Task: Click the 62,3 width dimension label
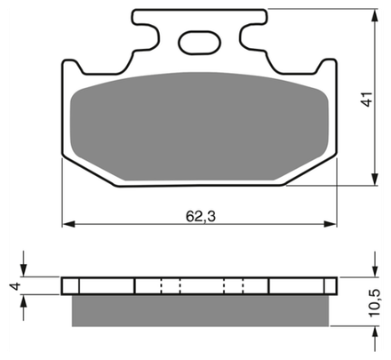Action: point(201,217)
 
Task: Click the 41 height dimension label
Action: point(367,99)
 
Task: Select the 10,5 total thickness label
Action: point(374,303)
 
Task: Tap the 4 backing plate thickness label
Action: point(15,286)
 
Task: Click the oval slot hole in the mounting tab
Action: point(199,43)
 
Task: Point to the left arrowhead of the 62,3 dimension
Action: point(68,224)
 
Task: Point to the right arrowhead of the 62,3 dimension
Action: point(331,224)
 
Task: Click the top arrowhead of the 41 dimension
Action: point(375,15)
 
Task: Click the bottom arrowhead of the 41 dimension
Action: point(375,180)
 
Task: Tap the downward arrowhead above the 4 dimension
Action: point(24,270)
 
